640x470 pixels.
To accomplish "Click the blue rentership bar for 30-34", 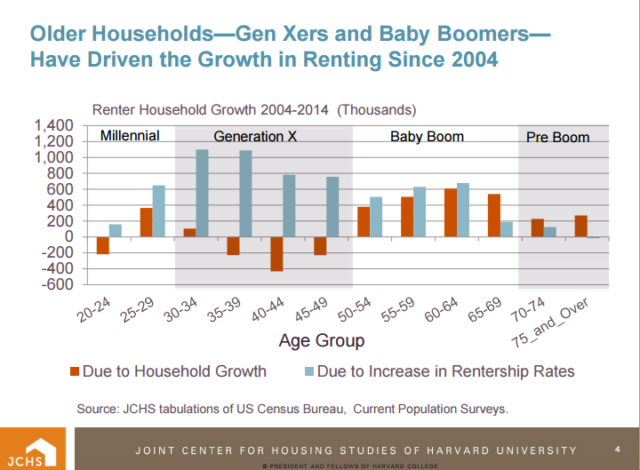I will point(202,193).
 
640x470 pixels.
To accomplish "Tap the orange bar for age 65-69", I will point(494,215).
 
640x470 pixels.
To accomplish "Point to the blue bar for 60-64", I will point(463,210).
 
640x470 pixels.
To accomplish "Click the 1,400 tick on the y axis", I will point(56,126).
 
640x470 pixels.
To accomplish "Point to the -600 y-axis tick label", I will point(58,284).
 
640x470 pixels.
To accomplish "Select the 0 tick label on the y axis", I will point(68,236).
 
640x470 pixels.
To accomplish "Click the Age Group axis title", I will point(322,340).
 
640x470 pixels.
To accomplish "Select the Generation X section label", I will point(255,137).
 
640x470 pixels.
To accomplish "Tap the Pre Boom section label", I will point(558,138).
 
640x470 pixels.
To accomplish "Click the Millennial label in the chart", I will point(130,136).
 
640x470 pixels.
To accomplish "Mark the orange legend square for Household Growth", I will point(74,371).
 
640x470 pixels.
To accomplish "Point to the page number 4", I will point(618,450).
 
